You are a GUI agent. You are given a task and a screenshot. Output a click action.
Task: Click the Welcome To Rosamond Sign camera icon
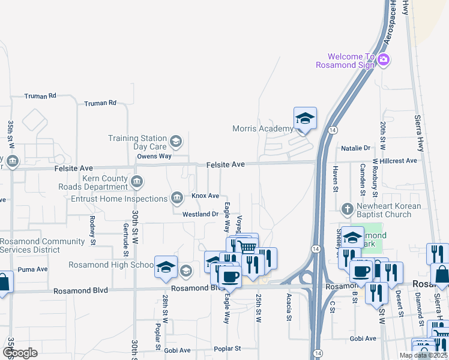tap(384, 61)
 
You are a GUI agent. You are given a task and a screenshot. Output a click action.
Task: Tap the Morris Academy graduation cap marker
tap(305, 119)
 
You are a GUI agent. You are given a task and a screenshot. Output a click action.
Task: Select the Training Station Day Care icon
tap(176, 142)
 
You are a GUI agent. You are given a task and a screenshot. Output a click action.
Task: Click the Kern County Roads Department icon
tap(137, 181)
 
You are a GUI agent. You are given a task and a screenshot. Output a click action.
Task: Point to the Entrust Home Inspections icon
tap(177, 198)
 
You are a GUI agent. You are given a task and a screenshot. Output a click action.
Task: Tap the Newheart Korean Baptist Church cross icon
tap(346, 210)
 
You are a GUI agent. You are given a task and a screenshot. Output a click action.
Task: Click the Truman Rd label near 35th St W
tap(40, 96)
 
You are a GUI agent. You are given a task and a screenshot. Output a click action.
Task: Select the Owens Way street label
tap(154, 156)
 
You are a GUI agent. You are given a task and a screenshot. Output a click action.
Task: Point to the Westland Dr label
tap(200, 214)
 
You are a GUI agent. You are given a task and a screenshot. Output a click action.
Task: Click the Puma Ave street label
tap(32, 269)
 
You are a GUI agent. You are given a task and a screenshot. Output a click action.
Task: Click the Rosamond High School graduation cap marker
tap(166, 267)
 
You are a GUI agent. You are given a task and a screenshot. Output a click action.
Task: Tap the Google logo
tap(19, 353)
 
